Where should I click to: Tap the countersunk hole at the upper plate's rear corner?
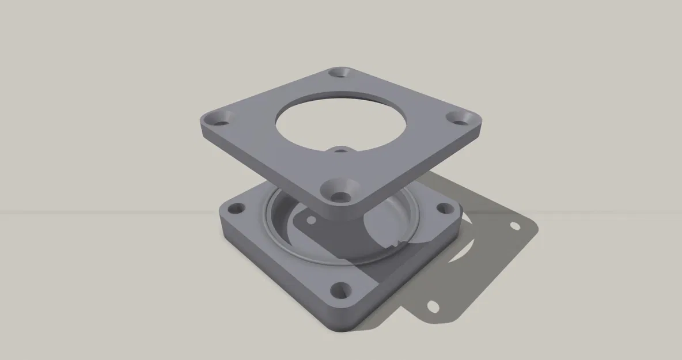(340, 73)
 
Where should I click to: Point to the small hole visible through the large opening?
(341, 151)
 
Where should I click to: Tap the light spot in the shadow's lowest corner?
(433, 306)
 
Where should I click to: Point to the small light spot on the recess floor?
(310, 221)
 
